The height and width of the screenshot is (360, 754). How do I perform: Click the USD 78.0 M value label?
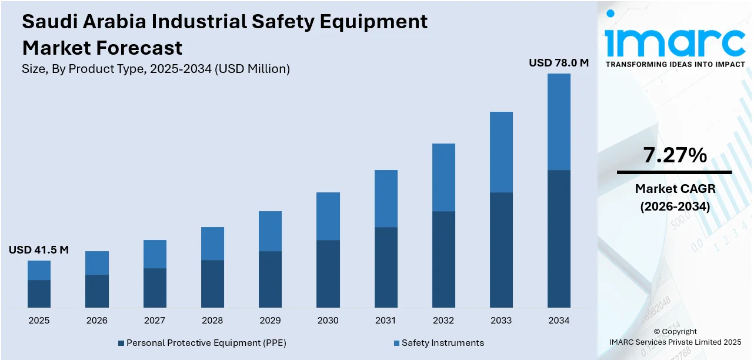[558, 62]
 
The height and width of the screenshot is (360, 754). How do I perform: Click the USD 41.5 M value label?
[39, 250]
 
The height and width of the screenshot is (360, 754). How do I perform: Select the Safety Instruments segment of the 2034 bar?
[559, 122]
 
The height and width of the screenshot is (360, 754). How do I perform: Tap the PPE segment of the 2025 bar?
[39, 294]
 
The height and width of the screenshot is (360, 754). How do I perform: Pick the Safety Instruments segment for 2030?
[328, 216]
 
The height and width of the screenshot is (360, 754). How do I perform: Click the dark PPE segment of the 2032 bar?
[443, 259]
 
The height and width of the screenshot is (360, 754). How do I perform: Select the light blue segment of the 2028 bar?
[212, 244]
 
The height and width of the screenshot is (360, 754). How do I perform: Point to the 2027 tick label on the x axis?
[155, 321]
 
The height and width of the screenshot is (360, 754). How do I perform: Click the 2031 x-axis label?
[386, 321]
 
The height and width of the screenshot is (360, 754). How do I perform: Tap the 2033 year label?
[501, 321]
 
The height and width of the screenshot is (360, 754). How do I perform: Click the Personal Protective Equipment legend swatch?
[121, 343]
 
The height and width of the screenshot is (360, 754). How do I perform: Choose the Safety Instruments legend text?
[442, 343]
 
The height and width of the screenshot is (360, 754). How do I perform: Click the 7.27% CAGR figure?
[675, 155]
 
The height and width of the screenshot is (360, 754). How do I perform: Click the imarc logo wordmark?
[675, 41]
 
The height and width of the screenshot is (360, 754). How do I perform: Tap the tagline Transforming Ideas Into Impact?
[675, 64]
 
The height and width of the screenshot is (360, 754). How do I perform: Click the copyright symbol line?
[675, 331]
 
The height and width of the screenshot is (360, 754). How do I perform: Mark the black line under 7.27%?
[675, 172]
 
